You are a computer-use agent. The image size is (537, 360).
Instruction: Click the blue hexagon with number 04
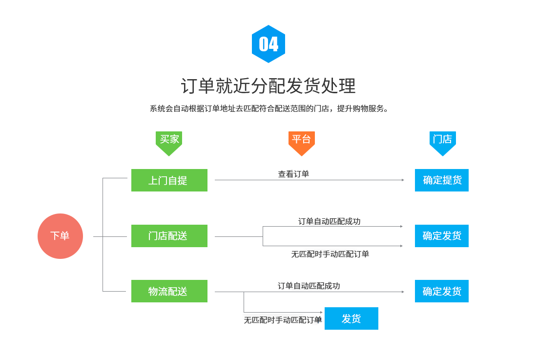268,44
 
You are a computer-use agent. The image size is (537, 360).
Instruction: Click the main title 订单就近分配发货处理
268,85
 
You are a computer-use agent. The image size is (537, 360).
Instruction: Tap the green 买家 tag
169,143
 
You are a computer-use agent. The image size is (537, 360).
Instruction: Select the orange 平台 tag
301,143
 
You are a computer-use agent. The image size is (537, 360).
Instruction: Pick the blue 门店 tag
442,143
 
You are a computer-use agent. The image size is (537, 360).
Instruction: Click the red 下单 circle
60,236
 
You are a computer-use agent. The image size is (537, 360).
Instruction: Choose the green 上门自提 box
169,180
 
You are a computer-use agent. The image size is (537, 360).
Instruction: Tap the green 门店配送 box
169,236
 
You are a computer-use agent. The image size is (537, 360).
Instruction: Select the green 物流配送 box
169,291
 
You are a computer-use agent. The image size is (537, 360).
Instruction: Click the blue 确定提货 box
442,180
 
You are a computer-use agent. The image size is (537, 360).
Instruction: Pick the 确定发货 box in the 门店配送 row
442,236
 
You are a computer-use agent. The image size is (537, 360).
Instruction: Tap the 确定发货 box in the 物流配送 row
442,291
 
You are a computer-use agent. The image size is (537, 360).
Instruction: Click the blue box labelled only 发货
351,318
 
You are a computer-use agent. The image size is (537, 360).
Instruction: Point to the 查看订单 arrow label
293,174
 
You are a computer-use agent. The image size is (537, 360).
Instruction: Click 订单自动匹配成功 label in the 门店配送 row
329,221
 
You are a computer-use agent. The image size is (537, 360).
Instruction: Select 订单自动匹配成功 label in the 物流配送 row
309,286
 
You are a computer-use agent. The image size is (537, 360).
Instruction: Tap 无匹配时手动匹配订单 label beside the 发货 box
283,320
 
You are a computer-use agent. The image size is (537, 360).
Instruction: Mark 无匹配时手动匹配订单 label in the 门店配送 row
330,254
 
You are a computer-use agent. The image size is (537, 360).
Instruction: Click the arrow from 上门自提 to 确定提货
309,180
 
